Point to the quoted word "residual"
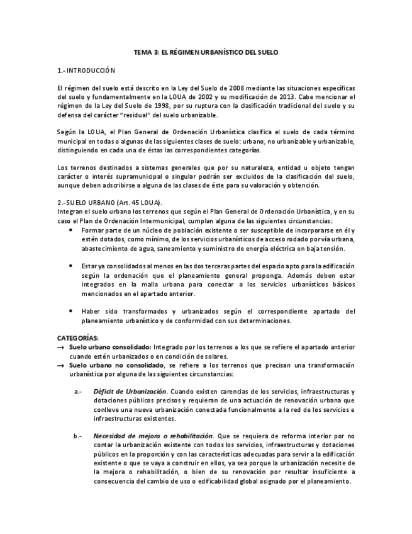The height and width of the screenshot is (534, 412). (165, 115)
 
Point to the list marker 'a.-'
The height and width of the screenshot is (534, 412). (78, 392)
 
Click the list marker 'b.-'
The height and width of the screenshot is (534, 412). (78, 436)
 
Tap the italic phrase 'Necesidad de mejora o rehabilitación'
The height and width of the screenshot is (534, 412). (153, 436)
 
